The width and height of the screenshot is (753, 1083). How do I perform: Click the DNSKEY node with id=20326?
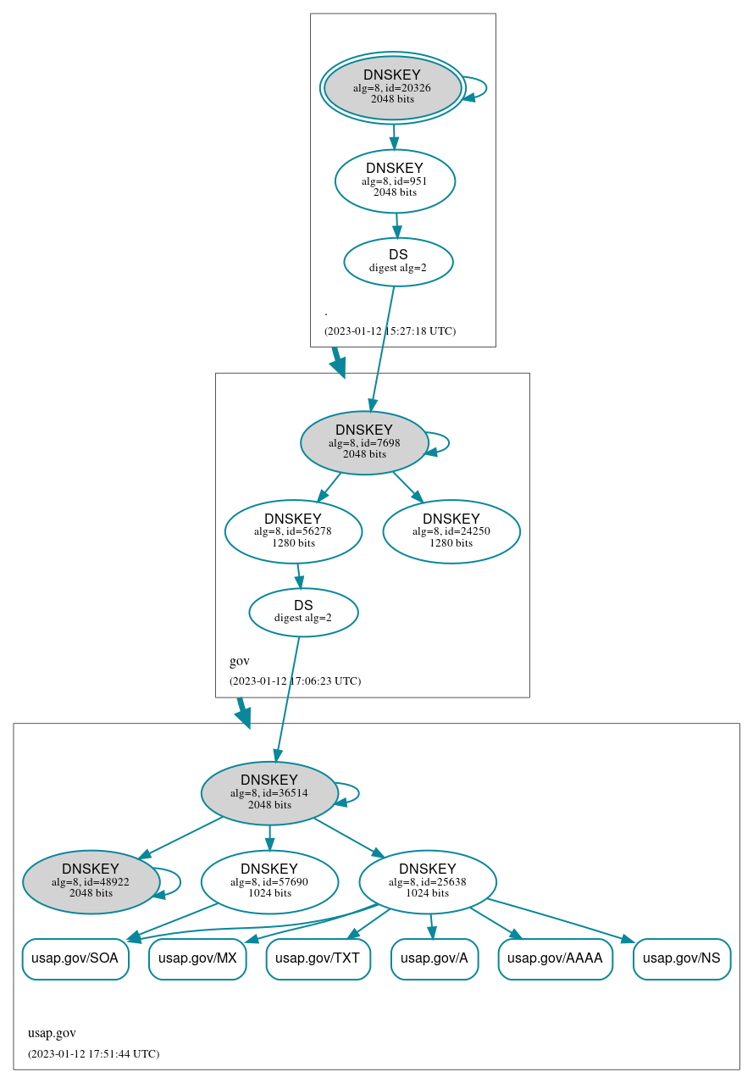click(x=392, y=87)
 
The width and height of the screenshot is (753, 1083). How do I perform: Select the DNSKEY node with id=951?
click(x=395, y=180)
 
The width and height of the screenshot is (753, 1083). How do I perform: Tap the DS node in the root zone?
click(x=398, y=262)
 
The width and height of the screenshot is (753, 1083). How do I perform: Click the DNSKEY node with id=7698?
click(x=364, y=442)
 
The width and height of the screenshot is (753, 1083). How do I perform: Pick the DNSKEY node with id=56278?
click(x=293, y=531)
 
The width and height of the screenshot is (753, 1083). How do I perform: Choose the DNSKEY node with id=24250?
click(x=451, y=531)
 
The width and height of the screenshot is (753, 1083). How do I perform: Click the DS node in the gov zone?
click(x=303, y=612)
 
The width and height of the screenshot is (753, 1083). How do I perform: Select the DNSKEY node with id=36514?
click(x=269, y=793)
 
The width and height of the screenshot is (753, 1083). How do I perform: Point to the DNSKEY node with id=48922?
click(x=91, y=882)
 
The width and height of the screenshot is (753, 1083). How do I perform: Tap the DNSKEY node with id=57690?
click(x=269, y=882)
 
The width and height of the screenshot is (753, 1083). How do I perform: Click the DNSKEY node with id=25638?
click(x=428, y=882)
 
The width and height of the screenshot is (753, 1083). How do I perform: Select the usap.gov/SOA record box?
click(x=75, y=959)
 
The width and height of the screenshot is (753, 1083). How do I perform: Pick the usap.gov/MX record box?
click(x=197, y=959)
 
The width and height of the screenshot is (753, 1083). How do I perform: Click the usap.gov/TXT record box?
click(x=318, y=959)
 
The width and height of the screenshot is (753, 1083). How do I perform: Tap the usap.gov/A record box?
click(x=435, y=959)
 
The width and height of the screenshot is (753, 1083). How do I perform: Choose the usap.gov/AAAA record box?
click(x=556, y=959)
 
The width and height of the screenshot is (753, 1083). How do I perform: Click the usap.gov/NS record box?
click(x=682, y=959)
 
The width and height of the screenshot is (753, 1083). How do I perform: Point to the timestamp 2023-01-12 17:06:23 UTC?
click(x=295, y=681)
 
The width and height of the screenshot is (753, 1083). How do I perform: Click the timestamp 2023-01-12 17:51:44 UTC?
click(x=93, y=1054)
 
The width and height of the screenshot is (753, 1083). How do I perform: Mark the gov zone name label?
click(x=240, y=661)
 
